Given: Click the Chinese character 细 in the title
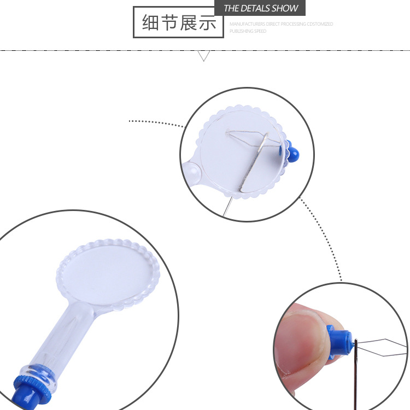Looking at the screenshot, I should pos(151,23).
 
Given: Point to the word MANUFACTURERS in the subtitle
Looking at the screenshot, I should pos(246,24).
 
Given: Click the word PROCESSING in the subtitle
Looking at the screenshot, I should pos(294,24).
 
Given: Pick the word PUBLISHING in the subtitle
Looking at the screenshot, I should pos(241,31).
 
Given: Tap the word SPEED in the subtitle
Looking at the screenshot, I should pos(261,31).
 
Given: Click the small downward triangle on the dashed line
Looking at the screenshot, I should pos(204,55).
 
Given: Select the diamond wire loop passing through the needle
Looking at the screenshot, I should pos(385,345).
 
